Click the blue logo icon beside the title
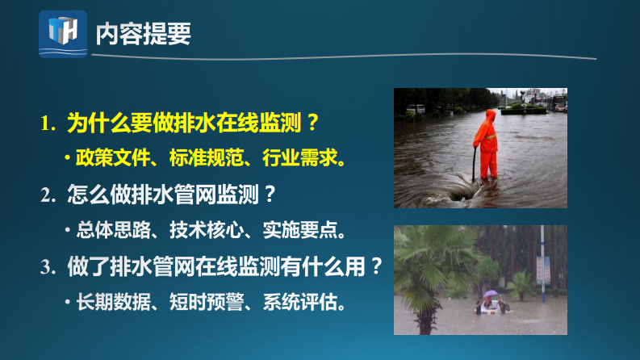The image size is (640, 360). coord(62,33)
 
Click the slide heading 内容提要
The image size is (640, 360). coord(143,33)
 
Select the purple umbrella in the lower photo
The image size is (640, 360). coord(491,294)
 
